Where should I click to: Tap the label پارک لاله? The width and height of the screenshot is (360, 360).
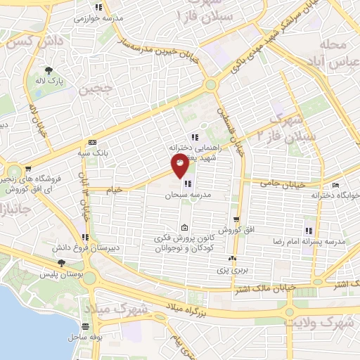point(51,82)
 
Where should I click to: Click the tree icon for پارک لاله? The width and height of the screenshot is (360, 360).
point(49,70)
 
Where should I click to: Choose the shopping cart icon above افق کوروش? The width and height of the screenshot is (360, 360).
point(237,219)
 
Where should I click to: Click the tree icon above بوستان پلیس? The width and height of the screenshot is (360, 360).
point(62,263)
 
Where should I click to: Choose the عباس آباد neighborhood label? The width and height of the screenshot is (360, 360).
point(329,60)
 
